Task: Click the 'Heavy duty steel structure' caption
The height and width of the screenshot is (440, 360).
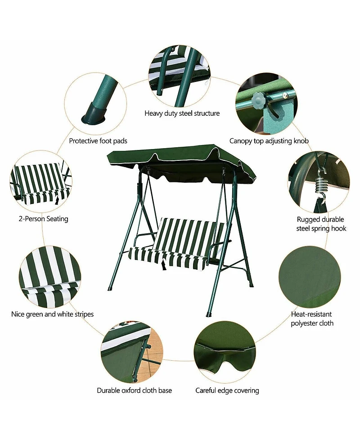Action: coord(182,113)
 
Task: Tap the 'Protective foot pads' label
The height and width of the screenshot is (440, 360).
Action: coord(98,141)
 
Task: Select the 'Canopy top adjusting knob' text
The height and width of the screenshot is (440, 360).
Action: coord(269,141)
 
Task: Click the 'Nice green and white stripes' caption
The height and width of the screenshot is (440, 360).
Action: coord(52,314)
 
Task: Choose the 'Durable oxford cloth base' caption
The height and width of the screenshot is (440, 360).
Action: coord(134,390)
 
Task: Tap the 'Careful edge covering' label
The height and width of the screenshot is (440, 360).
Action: coord(227,390)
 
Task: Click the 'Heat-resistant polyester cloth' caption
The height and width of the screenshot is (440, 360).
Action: coord(312,318)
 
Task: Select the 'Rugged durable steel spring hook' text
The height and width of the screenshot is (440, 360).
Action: coord(321,224)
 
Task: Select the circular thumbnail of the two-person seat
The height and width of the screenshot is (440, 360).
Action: coord(41,181)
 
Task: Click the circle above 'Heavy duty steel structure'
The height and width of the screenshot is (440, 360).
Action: coord(179,75)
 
